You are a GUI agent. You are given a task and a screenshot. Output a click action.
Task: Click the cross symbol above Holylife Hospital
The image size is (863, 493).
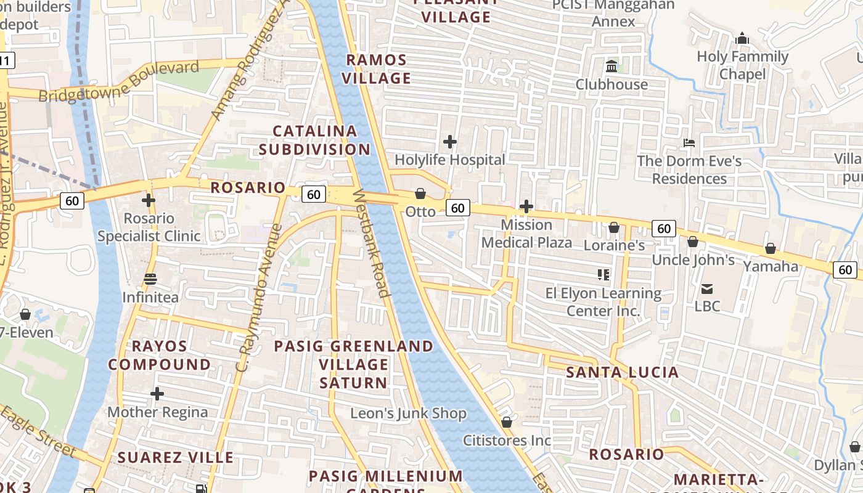coord(450,142)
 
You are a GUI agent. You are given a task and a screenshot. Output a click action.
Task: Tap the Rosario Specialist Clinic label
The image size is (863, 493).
coord(149,227)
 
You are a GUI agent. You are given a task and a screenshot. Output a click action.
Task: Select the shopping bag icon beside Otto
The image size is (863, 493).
coord(420,194)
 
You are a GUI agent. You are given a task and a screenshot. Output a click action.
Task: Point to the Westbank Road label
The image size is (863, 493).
coord(372,243)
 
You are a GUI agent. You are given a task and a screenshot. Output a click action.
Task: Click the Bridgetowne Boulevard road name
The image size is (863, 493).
coord(119,81)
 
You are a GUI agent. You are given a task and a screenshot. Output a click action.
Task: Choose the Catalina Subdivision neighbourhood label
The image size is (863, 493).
coord(314,140)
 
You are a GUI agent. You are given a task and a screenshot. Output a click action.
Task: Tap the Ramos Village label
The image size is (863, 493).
coord(377,69)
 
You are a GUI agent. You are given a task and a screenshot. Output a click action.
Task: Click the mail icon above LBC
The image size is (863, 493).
coord(707,288)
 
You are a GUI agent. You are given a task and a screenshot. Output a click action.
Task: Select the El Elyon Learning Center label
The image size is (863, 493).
coord(603,302)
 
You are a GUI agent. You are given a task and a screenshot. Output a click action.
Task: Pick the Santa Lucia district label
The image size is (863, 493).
coord(623,372)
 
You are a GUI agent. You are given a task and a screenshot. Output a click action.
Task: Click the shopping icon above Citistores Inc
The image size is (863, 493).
coord(507,422)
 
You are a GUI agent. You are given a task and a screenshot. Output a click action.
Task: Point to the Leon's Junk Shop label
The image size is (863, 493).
coord(408,414)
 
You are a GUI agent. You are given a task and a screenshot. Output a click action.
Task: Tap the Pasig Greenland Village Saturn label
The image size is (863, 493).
coord(354,364)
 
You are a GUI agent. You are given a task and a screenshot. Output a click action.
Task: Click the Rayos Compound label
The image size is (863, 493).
coord(160,355)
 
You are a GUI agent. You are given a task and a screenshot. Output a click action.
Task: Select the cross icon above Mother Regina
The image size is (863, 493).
coord(157,393)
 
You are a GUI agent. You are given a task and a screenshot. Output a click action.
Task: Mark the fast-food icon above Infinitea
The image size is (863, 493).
coord(150,279)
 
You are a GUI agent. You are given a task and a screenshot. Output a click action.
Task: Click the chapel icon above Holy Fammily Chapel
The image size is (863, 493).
coord(742,39)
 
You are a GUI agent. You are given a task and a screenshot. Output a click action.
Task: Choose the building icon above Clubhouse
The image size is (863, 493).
coord(611,66)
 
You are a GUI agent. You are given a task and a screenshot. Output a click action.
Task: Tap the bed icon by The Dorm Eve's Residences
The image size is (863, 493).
coord(689,143)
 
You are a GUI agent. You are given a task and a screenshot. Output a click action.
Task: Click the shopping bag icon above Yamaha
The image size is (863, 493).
coord(771,248)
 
